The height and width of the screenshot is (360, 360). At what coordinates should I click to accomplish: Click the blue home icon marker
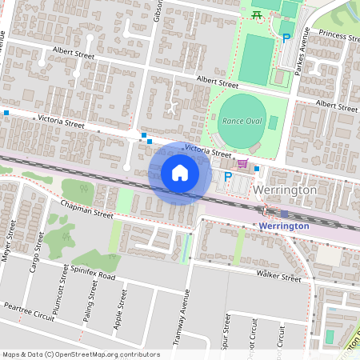(x=180, y=173)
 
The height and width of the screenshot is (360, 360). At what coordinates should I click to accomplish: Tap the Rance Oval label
(x=242, y=121)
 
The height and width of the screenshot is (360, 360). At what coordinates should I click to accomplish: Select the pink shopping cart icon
(x=242, y=164)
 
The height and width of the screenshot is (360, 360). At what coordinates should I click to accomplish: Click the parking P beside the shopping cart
(x=228, y=177)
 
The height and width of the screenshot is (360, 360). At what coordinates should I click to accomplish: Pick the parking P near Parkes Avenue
(x=285, y=38)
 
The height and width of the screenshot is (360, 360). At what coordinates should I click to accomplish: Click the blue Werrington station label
(x=284, y=226)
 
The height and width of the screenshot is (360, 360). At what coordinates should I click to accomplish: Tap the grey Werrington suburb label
(x=285, y=192)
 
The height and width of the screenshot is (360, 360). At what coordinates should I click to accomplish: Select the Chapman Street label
(x=87, y=210)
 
